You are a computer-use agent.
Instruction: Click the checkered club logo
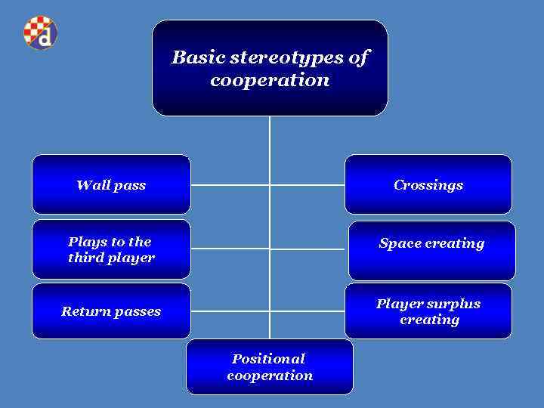tap(40, 32)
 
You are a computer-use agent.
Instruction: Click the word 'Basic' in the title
tap(193, 57)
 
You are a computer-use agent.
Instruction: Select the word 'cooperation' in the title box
tap(270, 80)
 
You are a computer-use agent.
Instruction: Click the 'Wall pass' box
tap(111, 184)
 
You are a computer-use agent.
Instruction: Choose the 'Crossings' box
tap(428, 184)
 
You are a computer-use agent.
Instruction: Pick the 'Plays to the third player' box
tap(111, 249)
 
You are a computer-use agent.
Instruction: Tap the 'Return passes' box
tap(111, 311)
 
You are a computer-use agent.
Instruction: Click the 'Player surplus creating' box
tap(428, 311)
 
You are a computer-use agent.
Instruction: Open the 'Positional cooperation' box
tap(270, 367)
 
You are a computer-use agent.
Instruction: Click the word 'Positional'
tap(268, 359)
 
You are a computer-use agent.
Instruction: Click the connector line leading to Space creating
tap(309, 249)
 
